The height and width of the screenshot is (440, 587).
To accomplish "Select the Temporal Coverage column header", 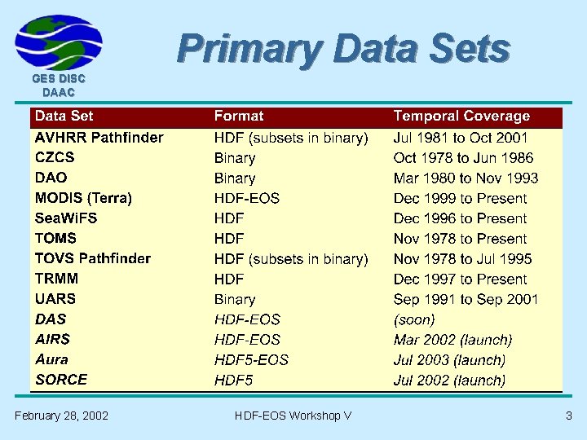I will [461, 117].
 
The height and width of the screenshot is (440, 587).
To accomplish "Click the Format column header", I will [239, 117].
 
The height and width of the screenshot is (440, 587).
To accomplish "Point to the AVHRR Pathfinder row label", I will [99, 138].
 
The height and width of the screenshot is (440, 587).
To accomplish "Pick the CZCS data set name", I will [55, 158].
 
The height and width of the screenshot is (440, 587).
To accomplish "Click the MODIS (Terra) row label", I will [83, 198].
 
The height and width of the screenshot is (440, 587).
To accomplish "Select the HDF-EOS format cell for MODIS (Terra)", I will [246, 198].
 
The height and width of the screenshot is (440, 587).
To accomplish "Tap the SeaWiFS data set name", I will [66, 218].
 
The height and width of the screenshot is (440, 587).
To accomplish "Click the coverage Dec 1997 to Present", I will [460, 279].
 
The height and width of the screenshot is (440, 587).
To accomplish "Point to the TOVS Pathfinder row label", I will [92, 258].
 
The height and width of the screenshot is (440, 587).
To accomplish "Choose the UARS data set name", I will [55, 299].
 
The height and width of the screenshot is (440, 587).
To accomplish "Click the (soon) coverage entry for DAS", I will [414, 319].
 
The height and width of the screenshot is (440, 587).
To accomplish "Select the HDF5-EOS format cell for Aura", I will [251, 359].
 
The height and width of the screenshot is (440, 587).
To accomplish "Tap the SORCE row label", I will [60, 380].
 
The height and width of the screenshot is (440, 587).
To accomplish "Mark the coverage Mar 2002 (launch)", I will [452, 340].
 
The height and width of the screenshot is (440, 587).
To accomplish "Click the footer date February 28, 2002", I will [61, 416].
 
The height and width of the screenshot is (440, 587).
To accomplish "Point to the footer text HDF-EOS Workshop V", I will [293, 416].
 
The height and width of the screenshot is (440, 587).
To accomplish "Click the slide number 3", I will [569, 416].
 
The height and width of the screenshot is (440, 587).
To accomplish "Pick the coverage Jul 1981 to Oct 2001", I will [461, 138].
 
